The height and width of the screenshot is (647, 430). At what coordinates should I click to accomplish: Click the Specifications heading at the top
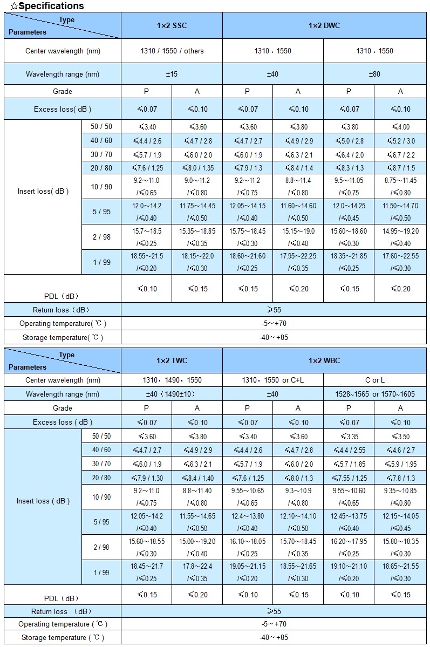coord(47,6)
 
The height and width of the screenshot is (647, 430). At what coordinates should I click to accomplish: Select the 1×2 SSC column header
coord(172,25)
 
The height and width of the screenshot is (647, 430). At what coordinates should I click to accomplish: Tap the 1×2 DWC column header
coord(324,25)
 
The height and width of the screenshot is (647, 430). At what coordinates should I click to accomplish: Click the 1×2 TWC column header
coord(172,360)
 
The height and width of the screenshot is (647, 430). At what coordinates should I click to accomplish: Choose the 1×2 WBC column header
coord(324,360)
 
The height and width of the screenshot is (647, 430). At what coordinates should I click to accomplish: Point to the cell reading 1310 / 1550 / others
coord(172,51)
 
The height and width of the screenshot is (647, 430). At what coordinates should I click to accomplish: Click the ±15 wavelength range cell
coord(172,74)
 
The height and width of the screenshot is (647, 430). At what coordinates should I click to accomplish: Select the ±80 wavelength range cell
coord(374,74)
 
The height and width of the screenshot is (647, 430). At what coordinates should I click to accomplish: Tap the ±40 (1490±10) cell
coord(172,394)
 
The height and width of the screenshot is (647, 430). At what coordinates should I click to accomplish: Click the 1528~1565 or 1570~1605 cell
coord(374,394)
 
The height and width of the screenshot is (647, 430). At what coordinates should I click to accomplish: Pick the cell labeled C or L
coord(374,380)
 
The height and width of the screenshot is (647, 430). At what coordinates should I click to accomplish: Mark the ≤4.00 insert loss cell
coord(400,127)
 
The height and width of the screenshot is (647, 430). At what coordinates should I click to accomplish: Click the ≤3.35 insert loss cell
coord(349,437)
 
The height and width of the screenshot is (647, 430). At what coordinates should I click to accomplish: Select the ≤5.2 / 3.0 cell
coord(400,141)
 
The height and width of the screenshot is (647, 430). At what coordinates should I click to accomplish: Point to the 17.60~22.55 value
coord(400,256)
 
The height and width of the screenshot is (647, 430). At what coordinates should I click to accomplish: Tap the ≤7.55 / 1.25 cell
coord(349,478)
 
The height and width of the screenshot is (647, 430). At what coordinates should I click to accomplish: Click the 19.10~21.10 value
coord(349,566)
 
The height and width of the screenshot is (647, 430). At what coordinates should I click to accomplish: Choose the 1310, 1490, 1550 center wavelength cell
coord(172,380)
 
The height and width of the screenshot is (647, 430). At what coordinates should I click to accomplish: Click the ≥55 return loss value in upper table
coord(274,310)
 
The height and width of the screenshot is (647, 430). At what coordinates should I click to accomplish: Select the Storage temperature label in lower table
coord(63,637)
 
